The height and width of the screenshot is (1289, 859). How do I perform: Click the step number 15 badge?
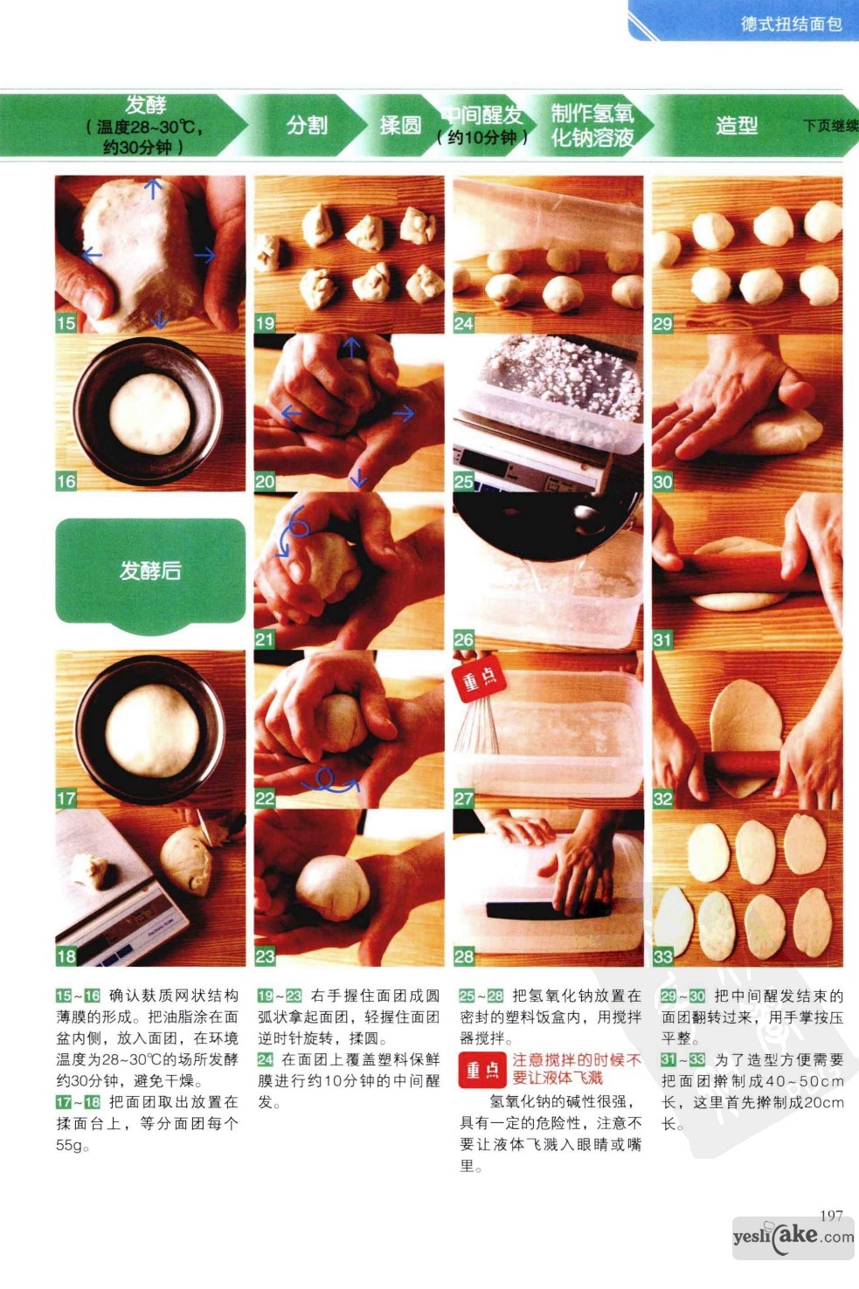coord(66,323)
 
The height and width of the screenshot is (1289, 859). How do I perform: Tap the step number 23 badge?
coord(264,956)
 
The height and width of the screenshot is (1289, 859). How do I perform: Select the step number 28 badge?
coord(463,956)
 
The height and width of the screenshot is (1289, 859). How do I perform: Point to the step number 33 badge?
coord(662,956)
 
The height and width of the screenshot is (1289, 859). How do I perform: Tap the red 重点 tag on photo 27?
coord(480,678)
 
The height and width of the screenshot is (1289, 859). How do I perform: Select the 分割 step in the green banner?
coord(307,126)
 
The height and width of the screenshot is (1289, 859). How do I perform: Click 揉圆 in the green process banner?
coord(400,126)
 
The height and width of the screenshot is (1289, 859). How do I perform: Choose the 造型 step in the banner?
coord(736,126)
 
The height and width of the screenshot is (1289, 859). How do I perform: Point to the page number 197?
coord(831,1216)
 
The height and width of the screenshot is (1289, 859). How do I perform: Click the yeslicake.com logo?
coord(793,1237)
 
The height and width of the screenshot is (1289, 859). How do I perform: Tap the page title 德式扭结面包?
coord(792,24)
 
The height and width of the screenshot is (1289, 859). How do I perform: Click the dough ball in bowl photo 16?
coord(149,412)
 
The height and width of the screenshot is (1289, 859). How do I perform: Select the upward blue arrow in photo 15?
coord(153,189)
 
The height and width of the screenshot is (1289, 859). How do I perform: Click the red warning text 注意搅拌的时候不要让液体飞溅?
coord(577,1069)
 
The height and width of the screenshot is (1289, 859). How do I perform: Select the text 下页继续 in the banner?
coord(830,126)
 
